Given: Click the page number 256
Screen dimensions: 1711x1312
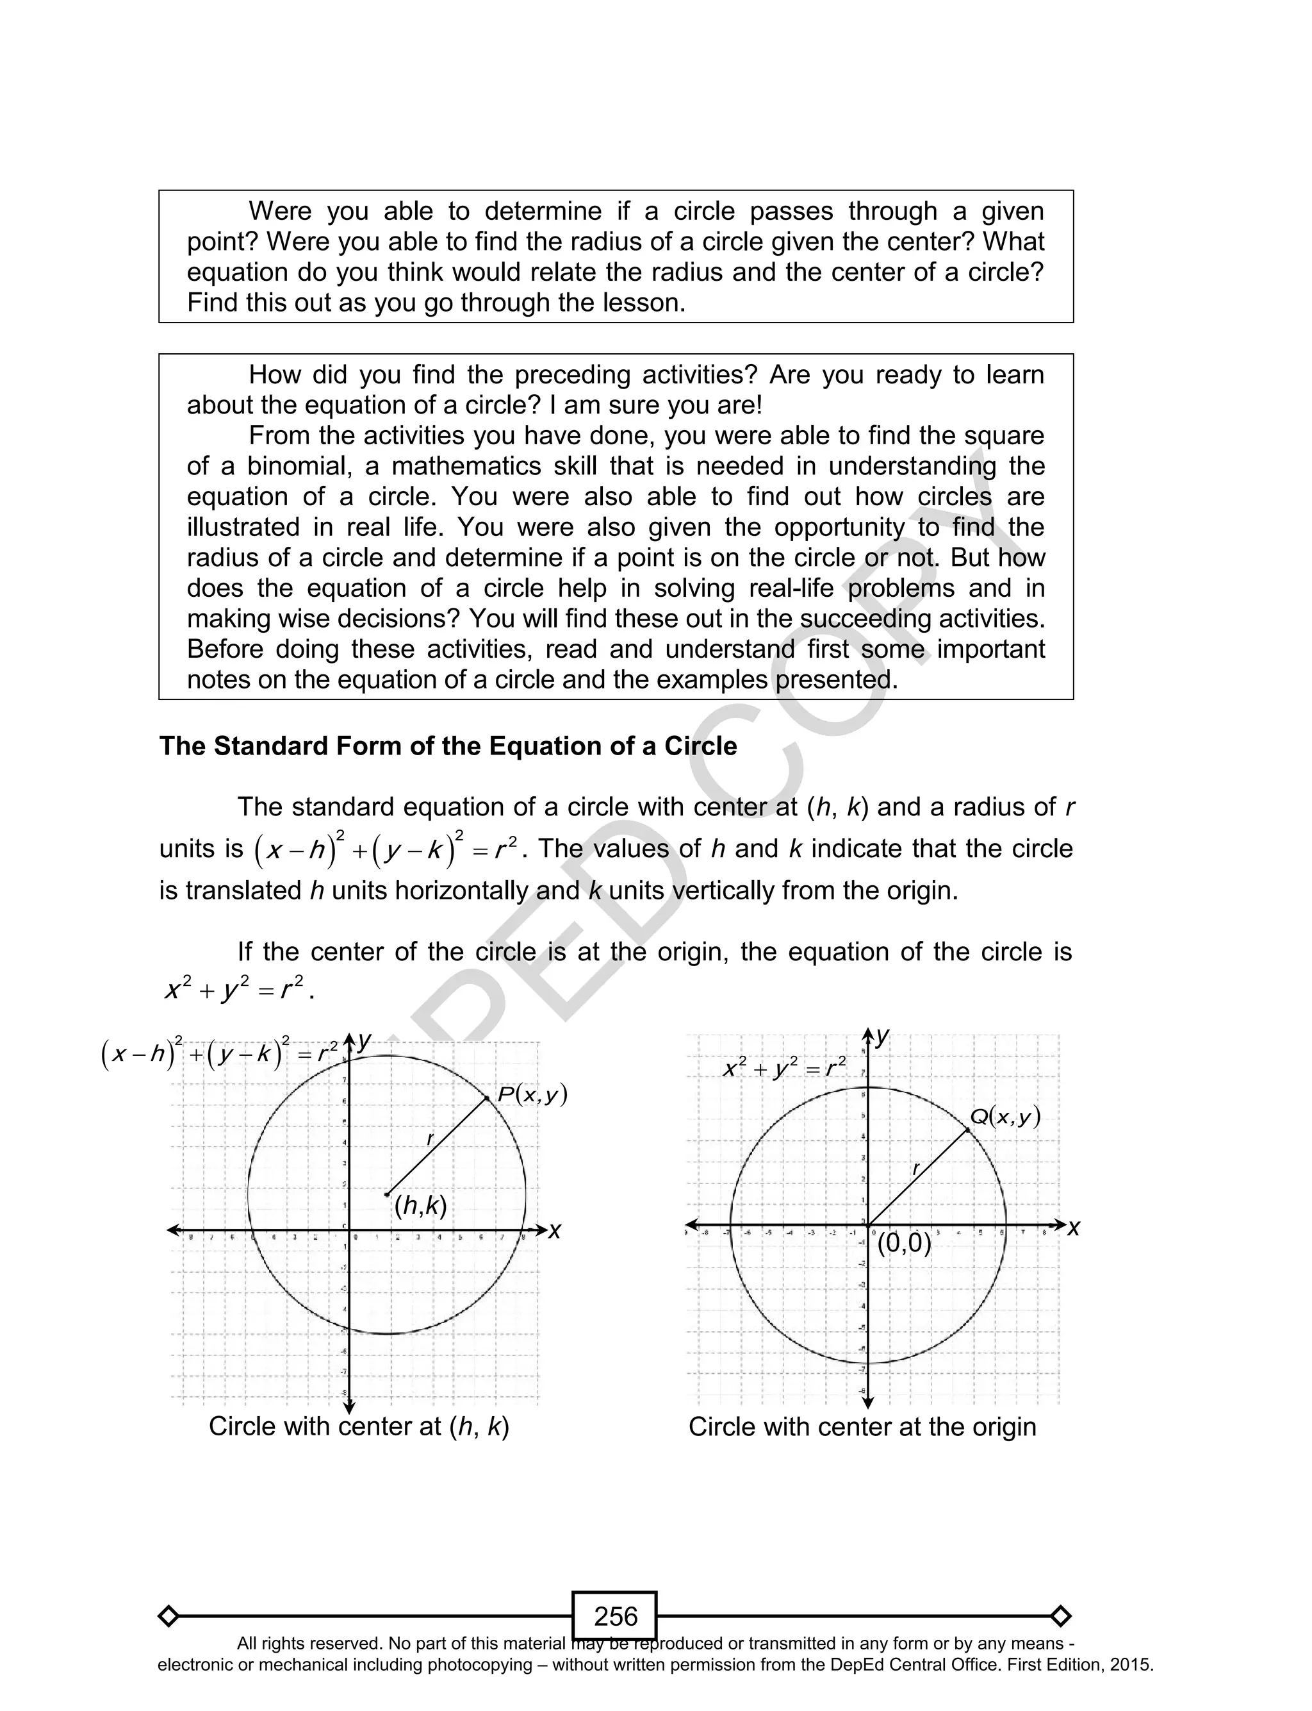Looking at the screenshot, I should pyautogui.click(x=616, y=1615).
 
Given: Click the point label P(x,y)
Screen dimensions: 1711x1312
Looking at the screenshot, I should pyautogui.click(x=532, y=1094).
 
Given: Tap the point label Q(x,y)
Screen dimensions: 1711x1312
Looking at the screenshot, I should pyautogui.click(x=1005, y=1117).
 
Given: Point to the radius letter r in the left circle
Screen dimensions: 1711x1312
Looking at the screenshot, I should pyautogui.click(x=429, y=1139).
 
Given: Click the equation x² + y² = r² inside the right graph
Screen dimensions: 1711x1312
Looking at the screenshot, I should pyautogui.click(x=785, y=1067).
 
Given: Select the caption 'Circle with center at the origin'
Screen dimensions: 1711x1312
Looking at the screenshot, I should pyautogui.click(x=862, y=1426).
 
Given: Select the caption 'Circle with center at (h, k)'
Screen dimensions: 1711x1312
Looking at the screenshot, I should pyautogui.click(x=359, y=1426).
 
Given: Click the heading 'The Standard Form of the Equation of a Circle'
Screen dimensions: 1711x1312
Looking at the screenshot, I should pyautogui.click(x=448, y=746).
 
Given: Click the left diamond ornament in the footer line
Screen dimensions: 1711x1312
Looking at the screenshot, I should pyautogui.click(x=168, y=1615).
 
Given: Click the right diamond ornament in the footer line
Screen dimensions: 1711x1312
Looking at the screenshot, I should pyautogui.click(x=1060, y=1615).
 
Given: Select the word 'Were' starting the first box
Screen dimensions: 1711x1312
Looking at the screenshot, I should pyautogui.click(x=279, y=211).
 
